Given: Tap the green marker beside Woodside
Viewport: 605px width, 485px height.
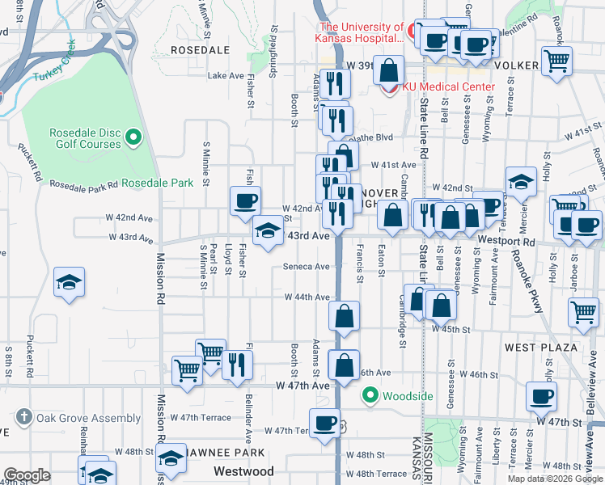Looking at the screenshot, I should click(370, 395).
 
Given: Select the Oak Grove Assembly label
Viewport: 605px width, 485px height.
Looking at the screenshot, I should click(71, 418).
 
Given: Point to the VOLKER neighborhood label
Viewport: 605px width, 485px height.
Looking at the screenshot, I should click(516, 64).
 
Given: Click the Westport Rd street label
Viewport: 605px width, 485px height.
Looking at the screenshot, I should click(529, 241).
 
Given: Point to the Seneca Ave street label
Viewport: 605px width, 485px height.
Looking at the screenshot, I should click(306, 267).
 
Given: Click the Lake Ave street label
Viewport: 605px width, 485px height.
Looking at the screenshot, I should click(226, 76).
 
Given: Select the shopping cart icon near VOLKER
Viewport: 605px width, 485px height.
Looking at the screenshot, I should click(557, 59).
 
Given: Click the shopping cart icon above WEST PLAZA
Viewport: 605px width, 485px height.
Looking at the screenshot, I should click(583, 311).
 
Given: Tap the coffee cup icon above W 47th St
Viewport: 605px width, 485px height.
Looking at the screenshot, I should click(541, 396).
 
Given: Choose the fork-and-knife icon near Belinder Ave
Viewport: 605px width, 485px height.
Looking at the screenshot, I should click(238, 364).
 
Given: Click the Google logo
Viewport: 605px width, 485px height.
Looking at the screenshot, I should click(27, 475).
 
